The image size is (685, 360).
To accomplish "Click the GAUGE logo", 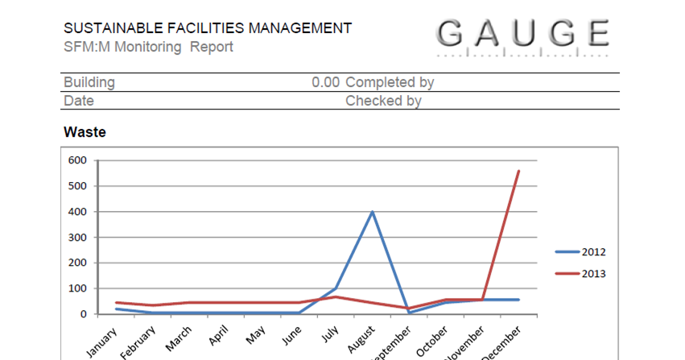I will (523, 35).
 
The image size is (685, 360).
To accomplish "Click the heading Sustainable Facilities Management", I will (208, 29).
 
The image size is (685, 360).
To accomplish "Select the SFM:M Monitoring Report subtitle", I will (148, 47).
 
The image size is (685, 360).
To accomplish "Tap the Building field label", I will (89, 82).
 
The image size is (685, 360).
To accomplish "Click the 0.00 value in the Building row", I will (325, 82).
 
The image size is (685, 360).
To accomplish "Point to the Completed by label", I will (390, 82).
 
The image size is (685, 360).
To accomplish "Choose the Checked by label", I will (383, 101).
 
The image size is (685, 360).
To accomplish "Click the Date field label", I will (79, 101).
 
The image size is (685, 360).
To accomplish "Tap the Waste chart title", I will (85, 131).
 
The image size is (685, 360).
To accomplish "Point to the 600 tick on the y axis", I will (76, 160).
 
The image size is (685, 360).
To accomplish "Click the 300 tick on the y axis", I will (76, 238).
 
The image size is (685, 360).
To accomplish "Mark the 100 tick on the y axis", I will (76, 288).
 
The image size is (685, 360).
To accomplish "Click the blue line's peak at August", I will (372, 212).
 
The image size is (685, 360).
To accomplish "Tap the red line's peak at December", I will (518, 171).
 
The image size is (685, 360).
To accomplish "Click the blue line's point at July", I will (336, 288).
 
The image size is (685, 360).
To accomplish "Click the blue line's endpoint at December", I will (518, 300).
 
